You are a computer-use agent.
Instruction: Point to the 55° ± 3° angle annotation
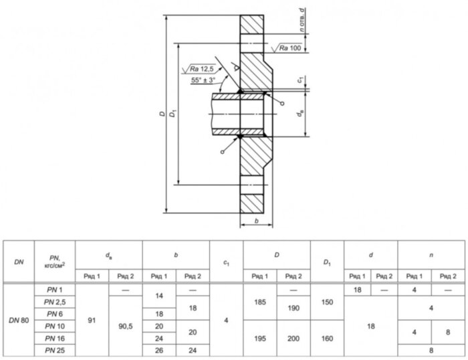(x=203, y=80)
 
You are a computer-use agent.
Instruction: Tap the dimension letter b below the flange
(x=256, y=221)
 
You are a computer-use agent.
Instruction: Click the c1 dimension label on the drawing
(x=301, y=80)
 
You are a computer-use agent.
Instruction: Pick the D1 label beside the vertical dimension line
(x=173, y=114)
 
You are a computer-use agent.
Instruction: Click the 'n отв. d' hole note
(x=302, y=20)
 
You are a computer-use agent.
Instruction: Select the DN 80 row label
(x=19, y=321)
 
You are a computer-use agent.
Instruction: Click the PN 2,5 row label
(x=55, y=302)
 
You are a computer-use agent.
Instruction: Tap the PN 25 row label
(x=55, y=350)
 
